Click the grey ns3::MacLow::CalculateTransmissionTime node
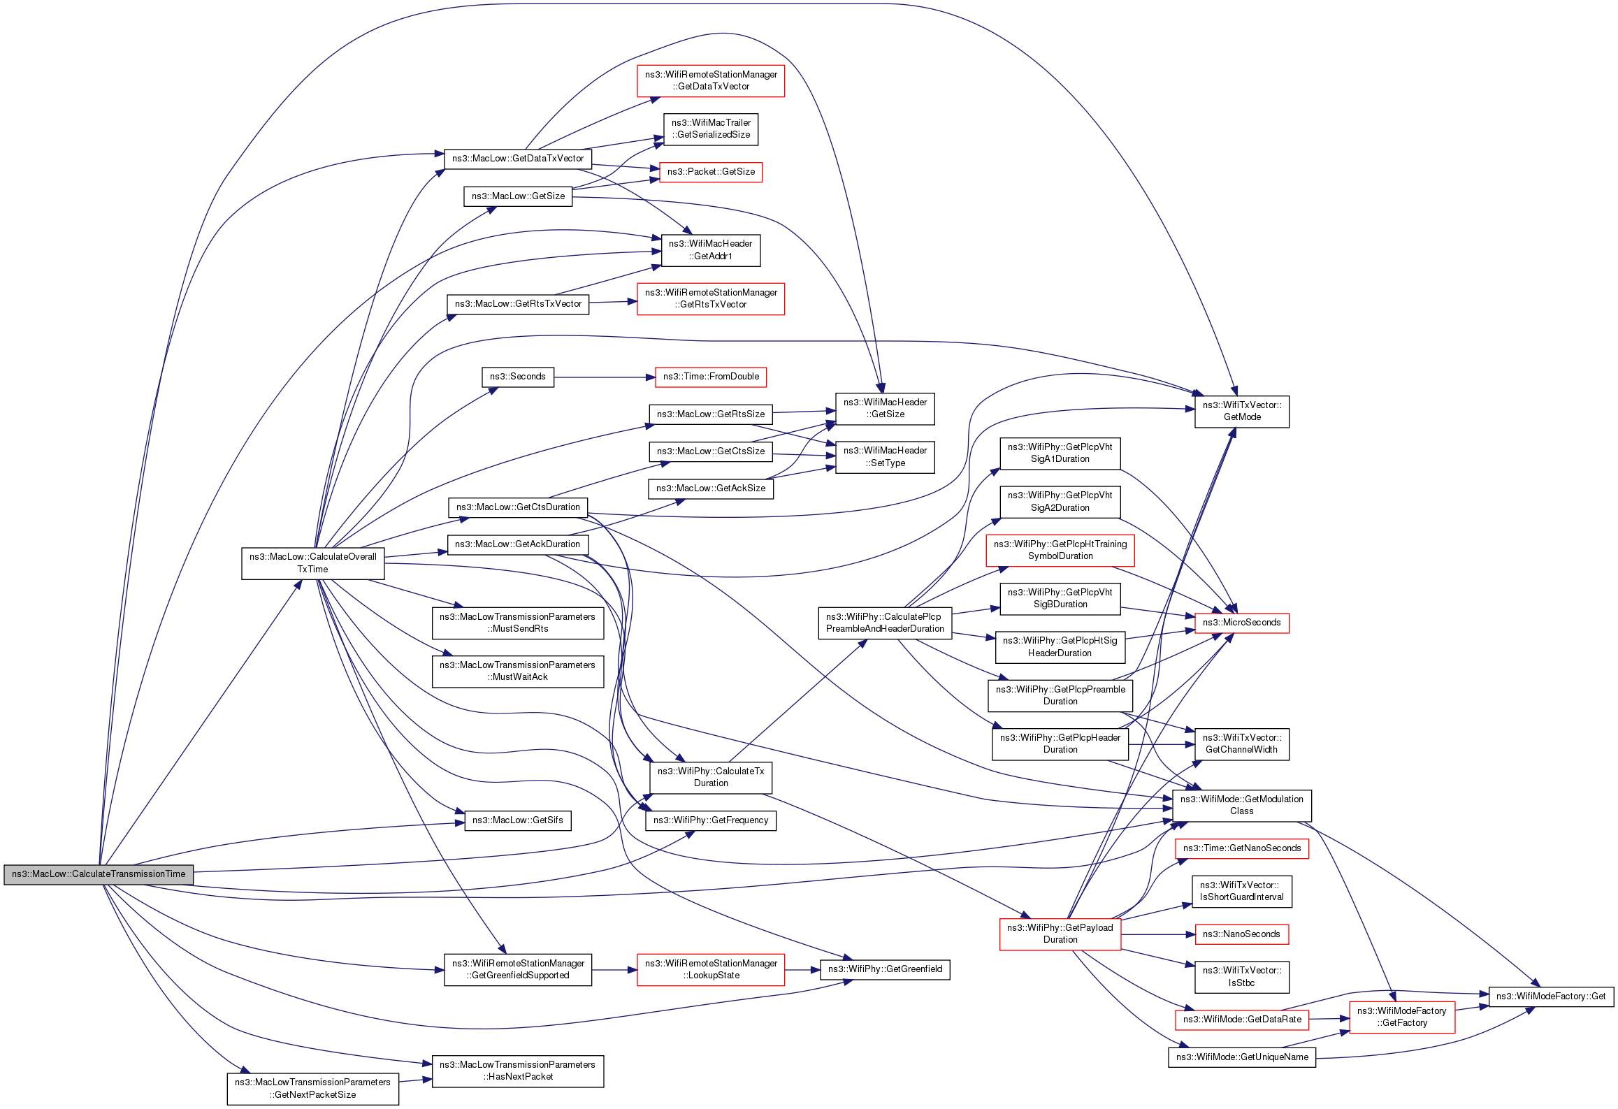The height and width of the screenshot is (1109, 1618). coord(99,874)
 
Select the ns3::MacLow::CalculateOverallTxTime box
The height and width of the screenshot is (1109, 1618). coord(312,563)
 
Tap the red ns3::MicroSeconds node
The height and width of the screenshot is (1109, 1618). coord(1241,623)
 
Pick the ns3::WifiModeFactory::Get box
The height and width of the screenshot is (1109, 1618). coord(1550,996)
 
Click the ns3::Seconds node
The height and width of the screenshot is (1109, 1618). coord(517,377)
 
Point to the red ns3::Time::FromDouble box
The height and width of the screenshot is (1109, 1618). coord(710,377)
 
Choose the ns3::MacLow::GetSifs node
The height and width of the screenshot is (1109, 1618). coord(517,820)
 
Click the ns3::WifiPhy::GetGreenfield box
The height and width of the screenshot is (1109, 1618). coord(884,969)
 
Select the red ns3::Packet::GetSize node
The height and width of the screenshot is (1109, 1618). coord(710,172)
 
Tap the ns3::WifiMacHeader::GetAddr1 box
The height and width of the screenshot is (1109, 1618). coord(710,250)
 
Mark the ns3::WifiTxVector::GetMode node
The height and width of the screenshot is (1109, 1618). coord(1241,411)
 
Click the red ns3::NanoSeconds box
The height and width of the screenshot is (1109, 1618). coord(1241,934)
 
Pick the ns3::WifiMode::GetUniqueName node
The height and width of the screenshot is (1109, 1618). coord(1241,1057)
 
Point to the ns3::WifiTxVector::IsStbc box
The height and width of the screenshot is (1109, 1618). coord(1241,977)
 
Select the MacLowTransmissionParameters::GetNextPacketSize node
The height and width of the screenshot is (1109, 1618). coord(312,1089)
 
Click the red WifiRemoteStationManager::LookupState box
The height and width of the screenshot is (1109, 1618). coord(710,969)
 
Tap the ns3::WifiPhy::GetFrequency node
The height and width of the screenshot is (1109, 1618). coord(710,820)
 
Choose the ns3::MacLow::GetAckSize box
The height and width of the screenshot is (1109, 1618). coord(710,488)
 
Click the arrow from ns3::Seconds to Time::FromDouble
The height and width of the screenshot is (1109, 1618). coord(605,377)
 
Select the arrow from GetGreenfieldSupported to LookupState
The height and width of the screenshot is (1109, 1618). coord(614,970)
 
